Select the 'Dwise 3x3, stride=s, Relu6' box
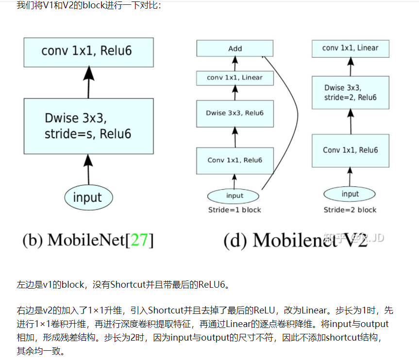88,126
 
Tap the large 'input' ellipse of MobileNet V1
88,197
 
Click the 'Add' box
235,49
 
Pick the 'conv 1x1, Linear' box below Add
235,78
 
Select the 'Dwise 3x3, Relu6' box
235,113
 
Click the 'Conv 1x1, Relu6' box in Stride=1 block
235,161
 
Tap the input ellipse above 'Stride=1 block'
235,196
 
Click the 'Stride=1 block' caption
235,210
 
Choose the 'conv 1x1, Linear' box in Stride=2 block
350,48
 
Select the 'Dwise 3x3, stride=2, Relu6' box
350,93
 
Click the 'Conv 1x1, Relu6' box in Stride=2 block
350,150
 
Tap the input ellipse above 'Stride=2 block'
350,194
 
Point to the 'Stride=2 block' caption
350,210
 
